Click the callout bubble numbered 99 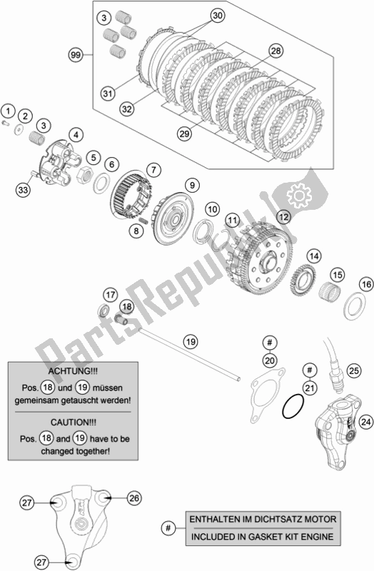(x=76, y=56)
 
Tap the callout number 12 (x=283, y=218)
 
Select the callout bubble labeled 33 (x=24, y=190)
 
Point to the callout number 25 (x=353, y=371)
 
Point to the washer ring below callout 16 (x=355, y=306)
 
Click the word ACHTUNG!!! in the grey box (x=73, y=371)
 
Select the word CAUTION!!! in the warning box (x=74, y=423)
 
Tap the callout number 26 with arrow (x=134, y=497)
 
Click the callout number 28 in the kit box (x=276, y=51)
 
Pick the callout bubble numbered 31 (x=108, y=94)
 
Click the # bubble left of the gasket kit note (x=168, y=527)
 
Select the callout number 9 (x=192, y=186)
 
